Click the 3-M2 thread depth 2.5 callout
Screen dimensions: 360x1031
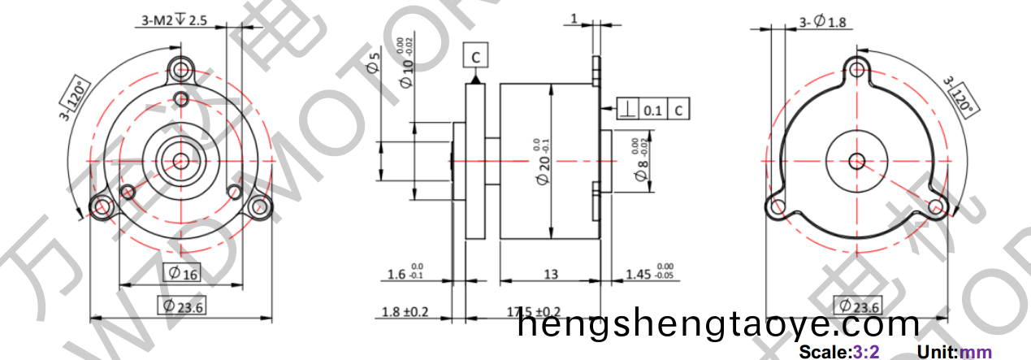(x=171, y=20)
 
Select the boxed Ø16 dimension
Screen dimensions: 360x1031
(x=181, y=273)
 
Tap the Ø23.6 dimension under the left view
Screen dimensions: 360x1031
(x=181, y=306)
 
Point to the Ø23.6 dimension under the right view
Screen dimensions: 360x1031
(x=858, y=306)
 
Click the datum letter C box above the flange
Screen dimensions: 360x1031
(x=475, y=55)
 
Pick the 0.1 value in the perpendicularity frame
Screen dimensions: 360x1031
(x=652, y=109)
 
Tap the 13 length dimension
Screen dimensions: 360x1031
(x=551, y=275)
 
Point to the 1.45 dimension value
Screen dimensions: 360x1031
(x=638, y=275)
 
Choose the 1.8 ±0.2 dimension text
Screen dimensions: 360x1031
(x=405, y=312)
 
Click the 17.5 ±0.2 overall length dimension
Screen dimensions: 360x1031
(x=533, y=312)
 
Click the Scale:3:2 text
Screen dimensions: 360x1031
(x=838, y=352)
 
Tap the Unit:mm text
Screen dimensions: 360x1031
(x=955, y=352)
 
